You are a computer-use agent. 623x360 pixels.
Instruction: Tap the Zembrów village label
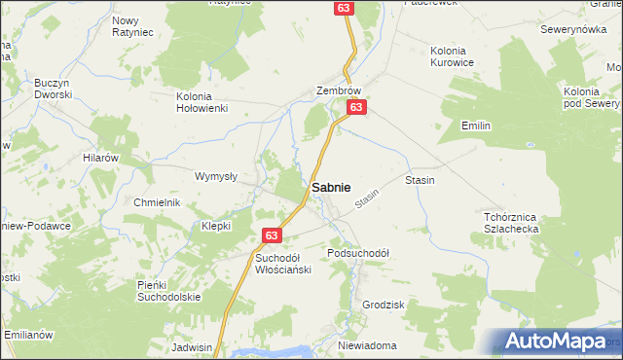pyautogui.click(x=339, y=90)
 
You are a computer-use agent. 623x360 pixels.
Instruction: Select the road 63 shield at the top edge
pyautogui.click(x=343, y=8)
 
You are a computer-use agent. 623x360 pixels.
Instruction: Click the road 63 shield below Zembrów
pyautogui.click(x=357, y=107)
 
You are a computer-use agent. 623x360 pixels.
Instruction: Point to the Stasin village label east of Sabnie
pyautogui.click(x=420, y=181)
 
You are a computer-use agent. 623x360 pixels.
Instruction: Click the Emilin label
pyautogui.click(x=475, y=126)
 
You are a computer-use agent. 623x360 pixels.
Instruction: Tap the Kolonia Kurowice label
pyautogui.click(x=453, y=56)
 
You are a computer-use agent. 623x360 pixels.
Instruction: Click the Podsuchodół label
pyautogui.click(x=358, y=253)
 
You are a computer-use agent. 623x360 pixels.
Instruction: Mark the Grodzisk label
pyautogui.click(x=383, y=305)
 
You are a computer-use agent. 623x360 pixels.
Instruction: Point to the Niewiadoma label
pyautogui.click(x=367, y=345)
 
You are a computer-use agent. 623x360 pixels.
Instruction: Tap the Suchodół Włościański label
pyautogui.click(x=282, y=264)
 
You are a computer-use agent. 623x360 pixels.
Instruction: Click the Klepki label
pyautogui.click(x=215, y=225)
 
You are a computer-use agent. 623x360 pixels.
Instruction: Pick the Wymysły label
pyautogui.click(x=216, y=176)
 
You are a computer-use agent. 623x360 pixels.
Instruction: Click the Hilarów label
pyautogui.click(x=100, y=158)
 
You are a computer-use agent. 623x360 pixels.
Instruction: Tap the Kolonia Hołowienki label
pyautogui.click(x=202, y=102)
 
